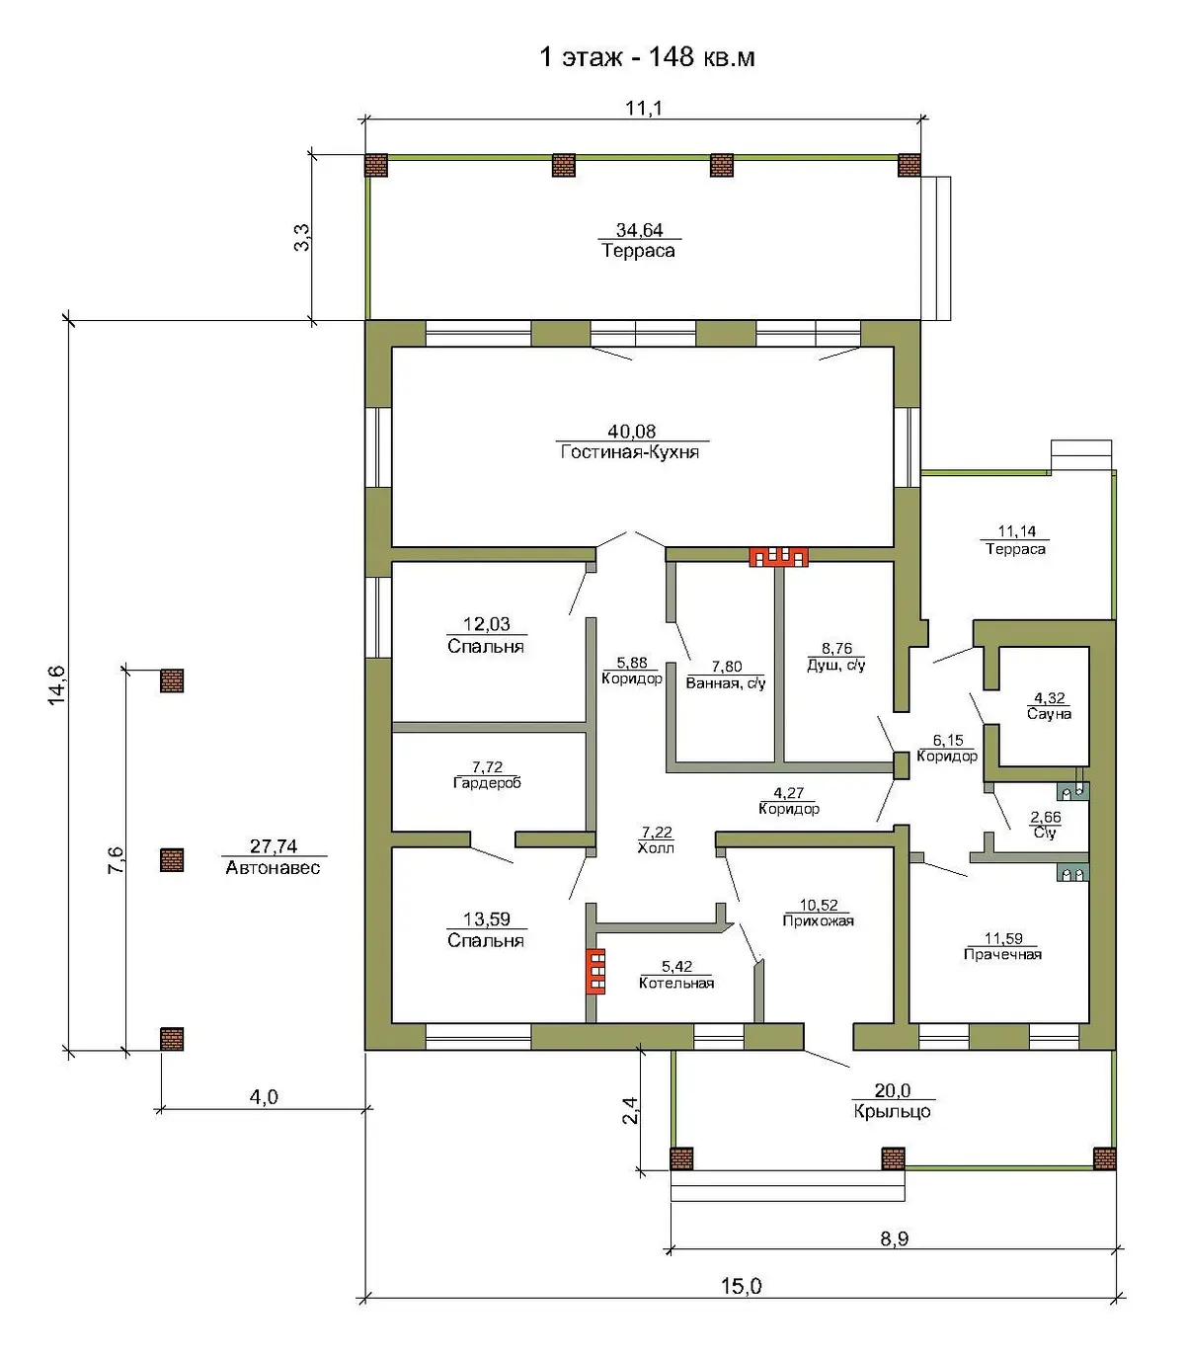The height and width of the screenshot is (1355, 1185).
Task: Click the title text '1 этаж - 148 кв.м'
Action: pos(647,57)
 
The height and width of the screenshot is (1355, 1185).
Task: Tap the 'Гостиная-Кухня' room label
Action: pos(630,452)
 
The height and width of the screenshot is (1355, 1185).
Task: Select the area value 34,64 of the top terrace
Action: pos(640,230)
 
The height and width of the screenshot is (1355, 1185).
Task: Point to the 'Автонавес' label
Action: pos(273,867)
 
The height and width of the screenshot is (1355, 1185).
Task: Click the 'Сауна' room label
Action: pos(1049,714)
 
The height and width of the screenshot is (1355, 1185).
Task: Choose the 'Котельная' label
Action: pos(676,984)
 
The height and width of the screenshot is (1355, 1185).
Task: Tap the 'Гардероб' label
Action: pos(487,783)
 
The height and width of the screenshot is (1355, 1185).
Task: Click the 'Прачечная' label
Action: pos(1003,954)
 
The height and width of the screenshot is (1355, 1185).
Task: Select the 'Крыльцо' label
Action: pos(893,1111)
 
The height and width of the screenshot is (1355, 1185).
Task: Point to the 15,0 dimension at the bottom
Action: pos(742,1286)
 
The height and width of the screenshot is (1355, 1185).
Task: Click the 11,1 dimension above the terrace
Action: pos(644,108)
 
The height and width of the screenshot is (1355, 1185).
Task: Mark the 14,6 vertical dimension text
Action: pos(57,685)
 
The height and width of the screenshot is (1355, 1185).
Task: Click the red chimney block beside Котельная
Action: pos(595,972)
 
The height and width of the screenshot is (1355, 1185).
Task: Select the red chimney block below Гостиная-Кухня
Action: pos(778,557)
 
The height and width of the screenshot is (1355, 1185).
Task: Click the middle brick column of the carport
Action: pos(172,860)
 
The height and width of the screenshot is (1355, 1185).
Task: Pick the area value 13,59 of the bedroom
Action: pos(487,919)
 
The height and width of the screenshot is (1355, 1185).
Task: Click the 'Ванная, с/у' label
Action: pos(726,683)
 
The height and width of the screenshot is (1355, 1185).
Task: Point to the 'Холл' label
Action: pos(656,848)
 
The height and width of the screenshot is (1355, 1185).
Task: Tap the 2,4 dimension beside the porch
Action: pos(631,1111)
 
